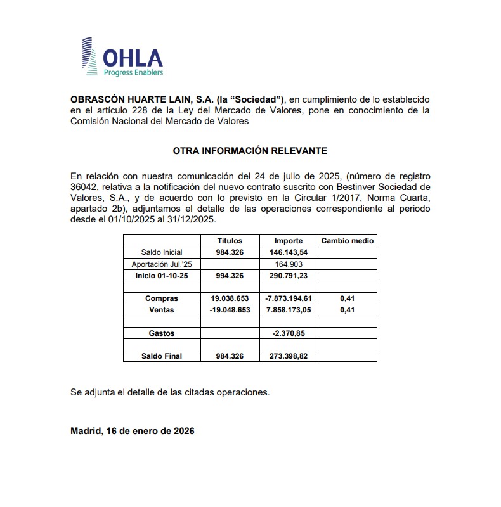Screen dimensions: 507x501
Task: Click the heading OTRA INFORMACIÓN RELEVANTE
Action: click(x=250, y=151)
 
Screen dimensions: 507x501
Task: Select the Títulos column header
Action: click(x=230, y=241)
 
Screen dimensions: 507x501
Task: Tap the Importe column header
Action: click(x=288, y=241)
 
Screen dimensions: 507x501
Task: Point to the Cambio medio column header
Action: click(x=348, y=241)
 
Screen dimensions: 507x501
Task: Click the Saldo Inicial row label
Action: click(x=162, y=252)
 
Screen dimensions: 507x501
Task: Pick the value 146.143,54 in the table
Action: click(x=288, y=252)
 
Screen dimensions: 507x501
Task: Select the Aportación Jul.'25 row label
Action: click(x=162, y=264)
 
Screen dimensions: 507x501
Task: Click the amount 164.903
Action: click(x=288, y=264)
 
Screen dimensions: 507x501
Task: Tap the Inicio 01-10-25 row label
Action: click(x=162, y=276)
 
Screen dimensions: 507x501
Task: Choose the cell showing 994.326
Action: click(x=230, y=276)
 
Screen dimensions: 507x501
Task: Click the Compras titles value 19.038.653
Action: click(x=230, y=298)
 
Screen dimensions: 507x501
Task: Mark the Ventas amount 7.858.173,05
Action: click(x=288, y=310)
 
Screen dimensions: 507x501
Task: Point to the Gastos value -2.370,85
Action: click(x=288, y=333)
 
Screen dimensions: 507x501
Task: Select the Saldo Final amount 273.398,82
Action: click(x=288, y=356)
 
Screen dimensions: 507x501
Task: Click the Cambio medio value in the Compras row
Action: click(x=348, y=298)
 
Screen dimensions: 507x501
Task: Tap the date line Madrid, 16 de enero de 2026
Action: click(x=133, y=431)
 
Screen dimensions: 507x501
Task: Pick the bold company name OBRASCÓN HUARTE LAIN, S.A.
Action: click(x=141, y=99)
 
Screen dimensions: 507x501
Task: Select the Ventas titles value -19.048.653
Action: click(x=230, y=310)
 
